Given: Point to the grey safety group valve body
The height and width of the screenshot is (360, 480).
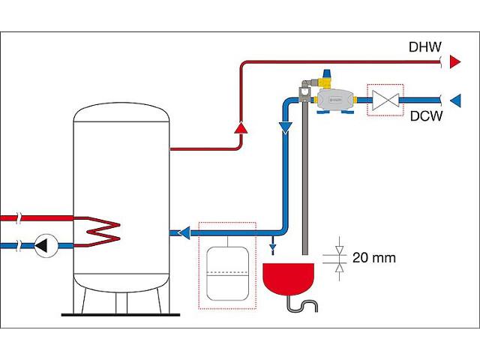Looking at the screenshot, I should click(x=336, y=99).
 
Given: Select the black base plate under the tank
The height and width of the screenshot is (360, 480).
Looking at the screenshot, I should click(x=119, y=313).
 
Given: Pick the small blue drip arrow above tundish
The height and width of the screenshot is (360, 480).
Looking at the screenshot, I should click(x=271, y=244).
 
